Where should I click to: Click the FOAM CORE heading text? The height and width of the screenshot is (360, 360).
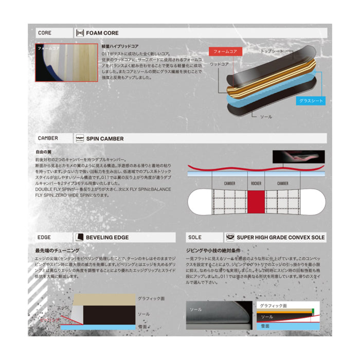pyautogui.click(x=102, y=33)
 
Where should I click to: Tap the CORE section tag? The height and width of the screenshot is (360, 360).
pyautogui.click(x=45, y=33)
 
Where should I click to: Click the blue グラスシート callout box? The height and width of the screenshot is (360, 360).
pyautogui.click(x=312, y=101)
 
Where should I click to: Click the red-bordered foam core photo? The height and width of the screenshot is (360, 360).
pyautogui.click(x=66, y=62)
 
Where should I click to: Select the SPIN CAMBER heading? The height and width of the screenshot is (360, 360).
pyautogui.click(x=105, y=138)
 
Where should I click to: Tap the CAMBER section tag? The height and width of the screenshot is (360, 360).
pyautogui.click(x=48, y=138)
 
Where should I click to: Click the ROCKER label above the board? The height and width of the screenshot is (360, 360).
pyautogui.click(x=256, y=183)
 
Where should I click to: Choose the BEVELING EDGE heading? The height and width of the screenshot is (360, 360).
pyautogui.click(x=107, y=238)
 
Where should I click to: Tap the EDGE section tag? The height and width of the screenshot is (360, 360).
pyautogui.click(x=44, y=238)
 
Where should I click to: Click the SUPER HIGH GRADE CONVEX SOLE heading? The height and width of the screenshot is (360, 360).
pyautogui.click(x=280, y=238)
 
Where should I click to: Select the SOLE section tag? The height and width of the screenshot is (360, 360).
pyautogui.click(x=195, y=238)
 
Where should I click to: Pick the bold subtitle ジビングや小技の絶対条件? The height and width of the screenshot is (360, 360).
pyautogui.click(x=211, y=250)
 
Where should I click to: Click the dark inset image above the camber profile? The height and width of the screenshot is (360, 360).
pyautogui.click(x=299, y=156)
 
